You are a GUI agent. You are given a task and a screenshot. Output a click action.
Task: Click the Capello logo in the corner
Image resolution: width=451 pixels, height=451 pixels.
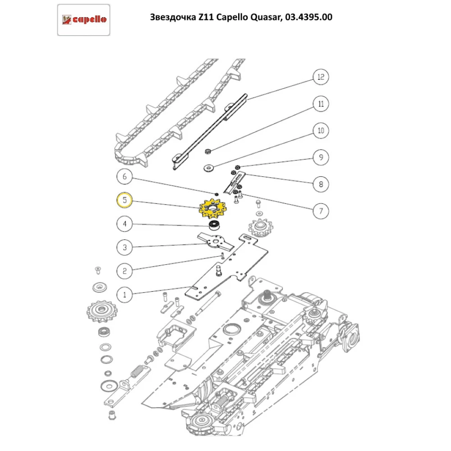coord(84,19)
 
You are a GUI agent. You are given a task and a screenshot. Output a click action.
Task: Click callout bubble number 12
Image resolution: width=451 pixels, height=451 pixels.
coord(321,77)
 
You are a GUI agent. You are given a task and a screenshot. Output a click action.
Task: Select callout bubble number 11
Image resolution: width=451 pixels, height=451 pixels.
coord(321,104)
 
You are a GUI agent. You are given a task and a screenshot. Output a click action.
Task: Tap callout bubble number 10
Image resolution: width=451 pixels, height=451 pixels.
coord(321,131)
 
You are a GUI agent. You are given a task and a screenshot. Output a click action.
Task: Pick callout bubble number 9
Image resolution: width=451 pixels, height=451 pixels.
coord(321,158)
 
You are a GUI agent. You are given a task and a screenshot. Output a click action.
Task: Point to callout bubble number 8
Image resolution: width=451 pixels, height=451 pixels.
coord(321,184)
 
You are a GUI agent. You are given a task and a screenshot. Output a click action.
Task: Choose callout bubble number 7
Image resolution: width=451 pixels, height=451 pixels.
coord(321,211)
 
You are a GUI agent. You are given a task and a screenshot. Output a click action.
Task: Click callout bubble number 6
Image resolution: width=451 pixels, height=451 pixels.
coord(124,177)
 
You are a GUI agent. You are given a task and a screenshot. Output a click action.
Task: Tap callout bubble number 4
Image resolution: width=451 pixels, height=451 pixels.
coord(124,223)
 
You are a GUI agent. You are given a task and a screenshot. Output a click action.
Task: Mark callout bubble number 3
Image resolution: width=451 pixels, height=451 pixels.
coord(124,247)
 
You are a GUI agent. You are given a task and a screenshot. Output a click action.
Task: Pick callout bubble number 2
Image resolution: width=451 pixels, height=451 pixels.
coord(124,271)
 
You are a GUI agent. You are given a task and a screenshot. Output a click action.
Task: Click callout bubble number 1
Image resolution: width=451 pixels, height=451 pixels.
coord(124,295)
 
